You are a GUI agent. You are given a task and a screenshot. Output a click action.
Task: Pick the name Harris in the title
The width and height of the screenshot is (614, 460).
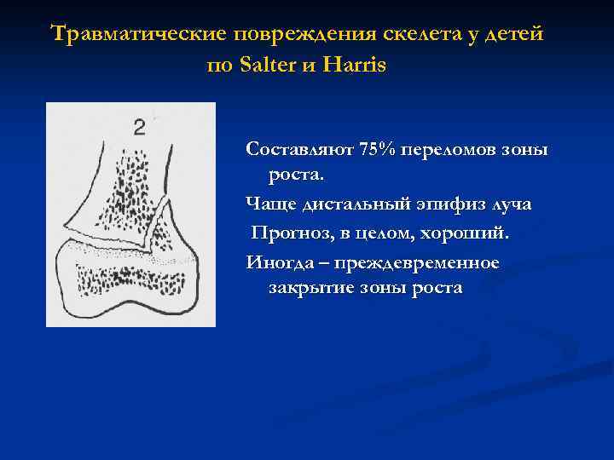point(353,65)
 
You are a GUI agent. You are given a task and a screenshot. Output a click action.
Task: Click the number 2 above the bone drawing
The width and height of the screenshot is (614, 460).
point(140,128)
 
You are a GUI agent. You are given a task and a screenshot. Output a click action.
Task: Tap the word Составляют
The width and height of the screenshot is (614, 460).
point(300,149)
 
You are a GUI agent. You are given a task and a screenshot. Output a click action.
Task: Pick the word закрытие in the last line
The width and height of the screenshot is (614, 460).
point(311,288)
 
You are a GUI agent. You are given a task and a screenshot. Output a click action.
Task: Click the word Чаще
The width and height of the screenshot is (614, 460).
point(268,204)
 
